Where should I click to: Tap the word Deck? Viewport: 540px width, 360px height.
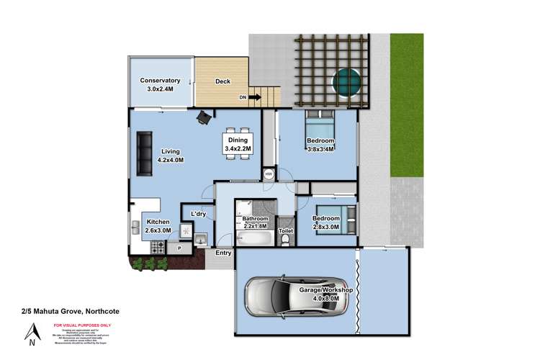(222, 81)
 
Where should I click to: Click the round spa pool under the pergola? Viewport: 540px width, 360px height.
(345, 80)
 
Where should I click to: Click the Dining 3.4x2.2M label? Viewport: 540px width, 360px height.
(238, 144)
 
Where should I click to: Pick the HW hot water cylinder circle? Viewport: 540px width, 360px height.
(269, 174)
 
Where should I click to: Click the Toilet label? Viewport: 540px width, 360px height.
(286, 231)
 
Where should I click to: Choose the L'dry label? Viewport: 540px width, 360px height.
(198, 215)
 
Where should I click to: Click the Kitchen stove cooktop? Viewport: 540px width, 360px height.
(158, 246)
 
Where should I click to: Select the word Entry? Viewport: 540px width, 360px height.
(224, 253)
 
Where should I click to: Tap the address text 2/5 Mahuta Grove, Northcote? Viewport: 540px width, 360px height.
(71, 310)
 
